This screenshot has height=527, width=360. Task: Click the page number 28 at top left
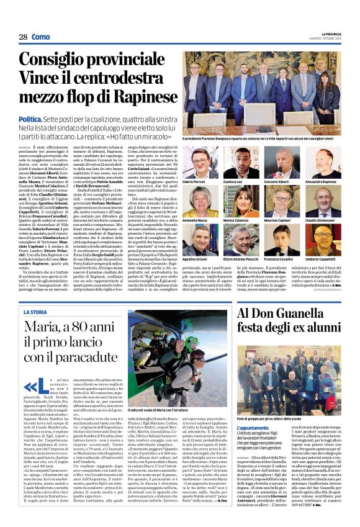(23, 37)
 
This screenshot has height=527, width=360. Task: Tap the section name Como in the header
(40, 37)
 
